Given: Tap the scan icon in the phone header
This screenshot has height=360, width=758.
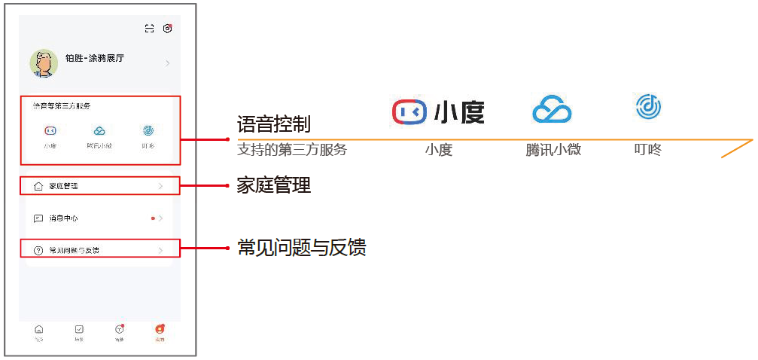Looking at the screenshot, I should pyautogui.click(x=149, y=29).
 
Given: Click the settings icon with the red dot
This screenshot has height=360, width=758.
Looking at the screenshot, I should pyautogui.click(x=167, y=29).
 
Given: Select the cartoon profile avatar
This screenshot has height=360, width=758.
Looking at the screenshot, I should pyautogui.click(x=44, y=64).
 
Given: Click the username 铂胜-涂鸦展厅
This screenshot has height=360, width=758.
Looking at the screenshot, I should pyautogui.click(x=95, y=58).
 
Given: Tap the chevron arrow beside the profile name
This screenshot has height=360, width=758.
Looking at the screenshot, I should pyautogui.click(x=167, y=63).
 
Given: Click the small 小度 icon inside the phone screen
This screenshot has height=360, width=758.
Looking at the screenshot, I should pyautogui.click(x=50, y=130).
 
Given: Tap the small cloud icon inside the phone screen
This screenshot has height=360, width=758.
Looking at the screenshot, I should pyautogui.click(x=99, y=130).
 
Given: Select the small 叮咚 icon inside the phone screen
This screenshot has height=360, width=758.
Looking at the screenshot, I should pyautogui.click(x=148, y=130).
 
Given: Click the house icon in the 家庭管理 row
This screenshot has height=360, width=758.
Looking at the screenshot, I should pyautogui.click(x=38, y=185).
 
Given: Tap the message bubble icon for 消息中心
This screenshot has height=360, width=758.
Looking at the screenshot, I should pyautogui.click(x=38, y=218).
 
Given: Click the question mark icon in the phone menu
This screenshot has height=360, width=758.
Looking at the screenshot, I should pyautogui.click(x=38, y=250).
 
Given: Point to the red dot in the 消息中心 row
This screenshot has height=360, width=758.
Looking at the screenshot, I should pyautogui.click(x=153, y=218).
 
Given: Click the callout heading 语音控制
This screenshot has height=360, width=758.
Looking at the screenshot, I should pyautogui.click(x=273, y=124).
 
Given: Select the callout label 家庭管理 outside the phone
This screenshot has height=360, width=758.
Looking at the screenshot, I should pyautogui.click(x=273, y=185).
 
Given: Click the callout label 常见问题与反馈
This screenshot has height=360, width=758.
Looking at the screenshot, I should pyautogui.click(x=301, y=247).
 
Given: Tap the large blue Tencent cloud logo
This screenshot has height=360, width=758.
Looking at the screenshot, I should pyautogui.click(x=553, y=110).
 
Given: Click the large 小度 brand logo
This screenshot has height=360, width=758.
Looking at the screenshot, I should pyautogui.click(x=438, y=111).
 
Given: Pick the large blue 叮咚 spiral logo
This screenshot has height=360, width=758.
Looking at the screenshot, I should pyautogui.click(x=648, y=107).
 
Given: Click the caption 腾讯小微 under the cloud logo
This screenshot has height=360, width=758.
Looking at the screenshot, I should pyautogui.click(x=553, y=150).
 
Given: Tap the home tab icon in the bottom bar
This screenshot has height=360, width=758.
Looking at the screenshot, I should pyautogui.click(x=39, y=329).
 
